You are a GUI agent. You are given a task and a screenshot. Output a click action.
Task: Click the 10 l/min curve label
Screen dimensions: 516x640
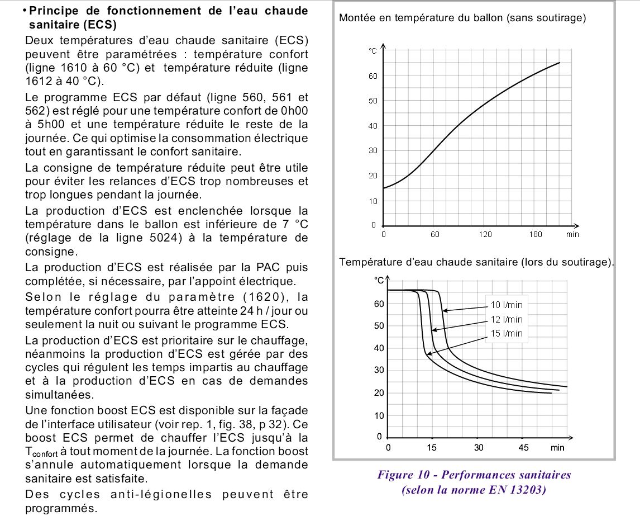pyautogui.click(x=507, y=305)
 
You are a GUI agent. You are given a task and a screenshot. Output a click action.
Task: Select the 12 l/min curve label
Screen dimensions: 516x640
pyautogui.click(x=507, y=320)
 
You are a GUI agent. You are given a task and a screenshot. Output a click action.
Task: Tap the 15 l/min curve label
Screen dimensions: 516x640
pyautogui.click(x=507, y=334)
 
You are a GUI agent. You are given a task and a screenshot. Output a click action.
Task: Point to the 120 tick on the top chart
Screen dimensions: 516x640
pyautogui.click(x=485, y=234)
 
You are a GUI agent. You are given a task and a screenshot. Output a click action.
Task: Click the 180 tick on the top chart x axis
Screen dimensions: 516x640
pyautogui.click(x=536, y=234)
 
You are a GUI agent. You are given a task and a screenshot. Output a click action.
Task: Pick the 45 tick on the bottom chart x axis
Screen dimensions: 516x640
pyautogui.click(x=523, y=448)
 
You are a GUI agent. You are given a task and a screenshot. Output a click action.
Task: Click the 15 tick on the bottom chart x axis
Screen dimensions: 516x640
pyautogui.click(x=432, y=448)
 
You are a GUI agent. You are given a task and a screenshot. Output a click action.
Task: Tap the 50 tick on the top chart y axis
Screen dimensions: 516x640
pyautogui.click(x=373, y=101)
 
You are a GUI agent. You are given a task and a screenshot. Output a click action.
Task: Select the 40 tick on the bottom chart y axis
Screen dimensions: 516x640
pyautogui.click(x=379, y=348)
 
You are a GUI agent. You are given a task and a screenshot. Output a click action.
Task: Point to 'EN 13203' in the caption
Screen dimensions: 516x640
pyautogui.click(x=523, y=491)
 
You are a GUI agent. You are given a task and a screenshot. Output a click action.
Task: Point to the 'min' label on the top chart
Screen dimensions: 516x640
pyautogui.click(x=572, y=234)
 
